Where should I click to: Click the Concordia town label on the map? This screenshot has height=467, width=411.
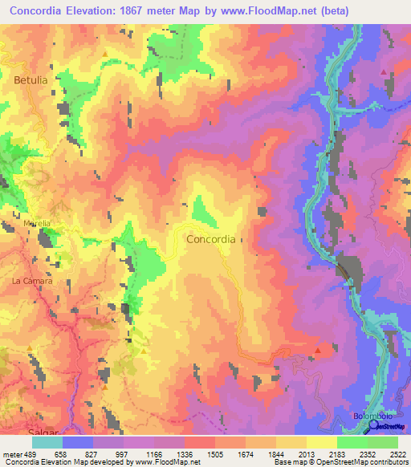point(210,239)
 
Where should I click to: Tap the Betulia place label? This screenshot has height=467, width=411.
point(31,80)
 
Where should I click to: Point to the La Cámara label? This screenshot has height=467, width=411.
point(32,281)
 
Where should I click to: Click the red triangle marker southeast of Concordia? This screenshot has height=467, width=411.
point(319,350)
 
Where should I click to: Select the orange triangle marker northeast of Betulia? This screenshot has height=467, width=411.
point(104,54)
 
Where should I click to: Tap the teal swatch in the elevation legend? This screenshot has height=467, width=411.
point(47,442)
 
